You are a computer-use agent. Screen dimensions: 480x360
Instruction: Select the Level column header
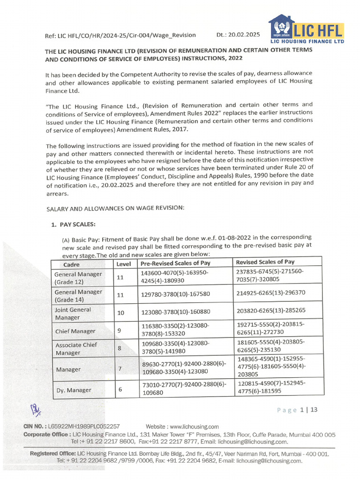pyautogui.click(x=124, y=264)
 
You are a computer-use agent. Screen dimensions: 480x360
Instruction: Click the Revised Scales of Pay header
pyautogui.click(x=265, y=262)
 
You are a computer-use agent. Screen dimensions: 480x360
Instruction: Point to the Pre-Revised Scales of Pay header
pyautogui.click(x=176, y=263)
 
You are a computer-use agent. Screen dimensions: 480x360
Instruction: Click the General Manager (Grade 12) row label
pyautogui.click(x=78, y=278)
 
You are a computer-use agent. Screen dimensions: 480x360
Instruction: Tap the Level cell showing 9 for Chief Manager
pyautogui.click(x=120, y=330)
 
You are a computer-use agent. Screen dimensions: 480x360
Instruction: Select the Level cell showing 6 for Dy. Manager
pyautogui.click(x=120, y=389)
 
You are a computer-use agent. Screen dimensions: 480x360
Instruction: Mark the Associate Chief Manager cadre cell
pyautogui.click(x=76, y=348)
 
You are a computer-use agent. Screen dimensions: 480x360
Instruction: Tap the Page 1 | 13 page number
pyautogui.click(x=297, y=410)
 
